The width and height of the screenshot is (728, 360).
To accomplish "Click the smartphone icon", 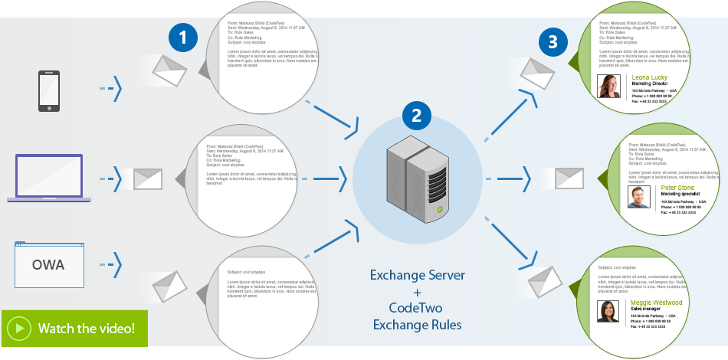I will (x=49, y=91).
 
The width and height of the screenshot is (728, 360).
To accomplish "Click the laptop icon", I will (x=49, y=178).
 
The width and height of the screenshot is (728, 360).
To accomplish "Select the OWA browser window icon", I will (x=48, y=264).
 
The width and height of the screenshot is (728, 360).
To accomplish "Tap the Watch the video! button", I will (x=74, y=329).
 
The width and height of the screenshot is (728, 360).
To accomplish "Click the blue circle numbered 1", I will (x=182, y=38).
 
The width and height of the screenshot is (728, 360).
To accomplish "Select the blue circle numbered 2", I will (x=416, y=116).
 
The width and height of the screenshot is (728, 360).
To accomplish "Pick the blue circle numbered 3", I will (x=553, y=42).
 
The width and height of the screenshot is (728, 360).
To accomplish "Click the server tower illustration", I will (x=417, y=181).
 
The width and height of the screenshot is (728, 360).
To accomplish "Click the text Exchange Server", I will (x=417, y=275).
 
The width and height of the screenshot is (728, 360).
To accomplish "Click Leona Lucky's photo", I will (x=609, y=87).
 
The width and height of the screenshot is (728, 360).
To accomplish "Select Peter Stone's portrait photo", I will (x=639, y=198).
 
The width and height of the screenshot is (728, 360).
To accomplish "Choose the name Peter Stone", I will (x=677, y=188).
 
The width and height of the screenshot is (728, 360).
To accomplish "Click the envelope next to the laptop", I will (x=149, y=179).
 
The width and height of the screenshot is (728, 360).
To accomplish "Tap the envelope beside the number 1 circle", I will (x=169, y=70).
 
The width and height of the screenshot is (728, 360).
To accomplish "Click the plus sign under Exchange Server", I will (x=417, y=293).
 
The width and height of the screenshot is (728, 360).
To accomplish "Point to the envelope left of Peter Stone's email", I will (x=570, y=178).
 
